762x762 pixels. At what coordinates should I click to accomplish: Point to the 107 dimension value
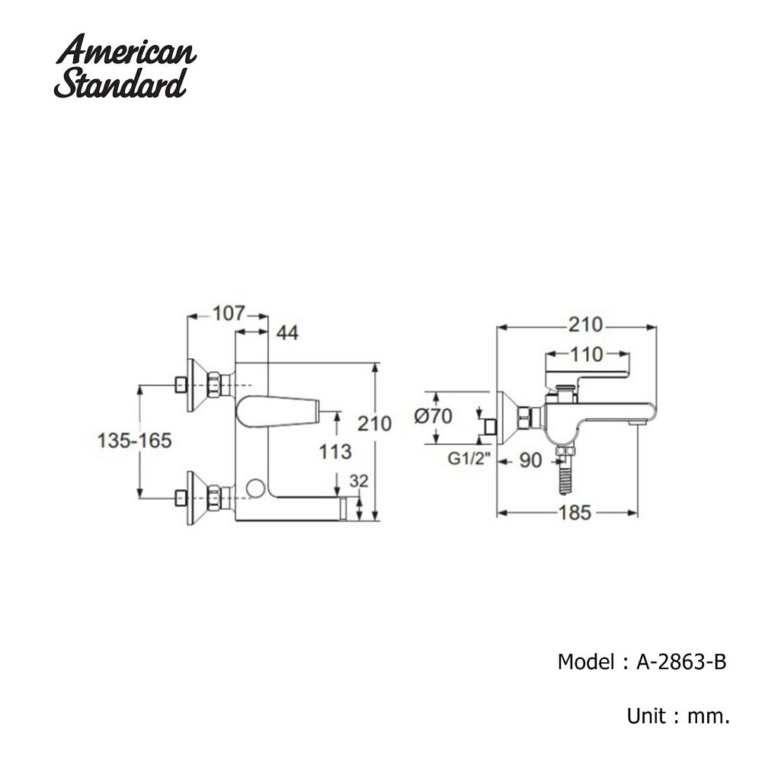click(228, 313)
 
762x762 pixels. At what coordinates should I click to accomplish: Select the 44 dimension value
click(287, 333)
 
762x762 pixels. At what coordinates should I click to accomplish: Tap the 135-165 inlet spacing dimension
click(134, 440)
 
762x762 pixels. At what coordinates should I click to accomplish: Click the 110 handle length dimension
click(588, 354)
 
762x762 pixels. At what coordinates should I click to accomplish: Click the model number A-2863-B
click(681, 661)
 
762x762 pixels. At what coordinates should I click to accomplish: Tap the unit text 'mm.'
click(709, 716)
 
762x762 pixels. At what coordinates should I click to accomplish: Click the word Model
click(584, 661)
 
